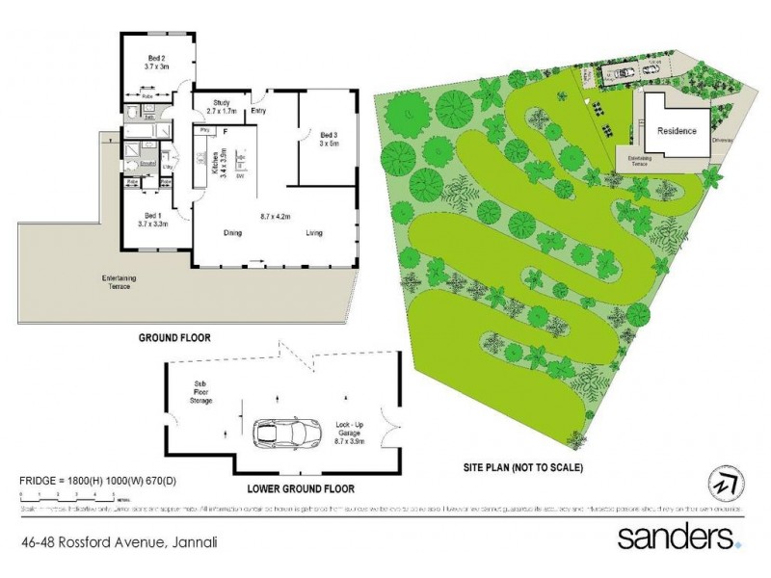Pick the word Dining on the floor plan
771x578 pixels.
[232, 232]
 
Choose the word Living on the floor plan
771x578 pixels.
[314, 232]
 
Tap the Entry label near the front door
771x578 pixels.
[258, 111]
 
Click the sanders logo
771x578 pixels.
[679, 538]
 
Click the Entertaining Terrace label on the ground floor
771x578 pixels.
[120, 281]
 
